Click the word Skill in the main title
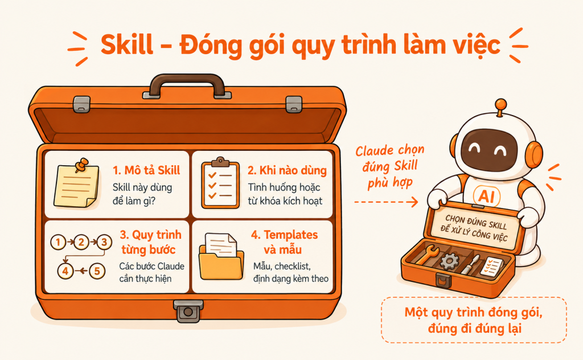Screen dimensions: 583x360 point(126,45)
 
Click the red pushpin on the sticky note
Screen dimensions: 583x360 point(81,165)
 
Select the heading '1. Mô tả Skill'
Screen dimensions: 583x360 point(146,170)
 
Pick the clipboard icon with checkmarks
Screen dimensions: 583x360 point(220,183)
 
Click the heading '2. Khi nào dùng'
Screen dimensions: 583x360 point(287,170)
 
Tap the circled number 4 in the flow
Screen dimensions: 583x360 point(65,271)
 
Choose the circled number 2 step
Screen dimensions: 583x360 point(81,243)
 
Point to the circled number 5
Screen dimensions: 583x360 point(97,271)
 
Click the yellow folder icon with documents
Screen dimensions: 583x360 point(221,256)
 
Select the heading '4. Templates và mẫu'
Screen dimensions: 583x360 point(285,242)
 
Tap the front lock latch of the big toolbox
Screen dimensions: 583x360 point(188,311)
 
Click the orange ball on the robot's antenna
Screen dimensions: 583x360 point(501,104)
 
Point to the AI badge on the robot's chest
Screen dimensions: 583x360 point(487,195)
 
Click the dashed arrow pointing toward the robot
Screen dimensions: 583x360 point(386,202)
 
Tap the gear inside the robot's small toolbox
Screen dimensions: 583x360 point(449,261)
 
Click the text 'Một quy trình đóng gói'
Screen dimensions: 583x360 point(473,312)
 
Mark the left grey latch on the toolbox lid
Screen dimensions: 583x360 point(82,104)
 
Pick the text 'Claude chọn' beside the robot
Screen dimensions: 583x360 point(389,150)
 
